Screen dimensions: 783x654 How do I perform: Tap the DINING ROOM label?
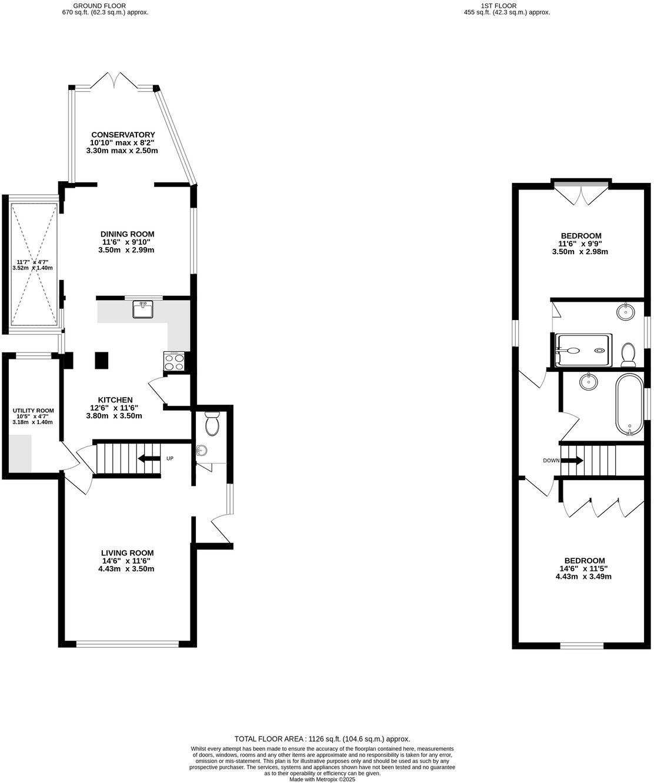click(126, 234)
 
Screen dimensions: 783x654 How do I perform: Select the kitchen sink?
click(142, 309)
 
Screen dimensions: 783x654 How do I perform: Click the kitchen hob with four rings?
click(175, 361)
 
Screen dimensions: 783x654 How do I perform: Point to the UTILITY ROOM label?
click(34, 411)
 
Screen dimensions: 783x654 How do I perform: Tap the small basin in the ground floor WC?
click(202, 451)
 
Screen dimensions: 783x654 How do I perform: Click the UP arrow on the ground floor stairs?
click(149, 458)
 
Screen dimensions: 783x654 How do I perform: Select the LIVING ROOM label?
click(127, 553)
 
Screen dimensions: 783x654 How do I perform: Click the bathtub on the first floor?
click(629, 404)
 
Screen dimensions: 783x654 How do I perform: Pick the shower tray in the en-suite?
click(584, 350)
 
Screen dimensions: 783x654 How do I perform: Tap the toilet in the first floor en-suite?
click(628, 354)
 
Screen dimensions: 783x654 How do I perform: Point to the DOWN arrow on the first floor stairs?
click(572, 460)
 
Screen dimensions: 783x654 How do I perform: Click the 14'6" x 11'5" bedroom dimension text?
click(584, 569)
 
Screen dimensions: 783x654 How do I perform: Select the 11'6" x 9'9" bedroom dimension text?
click(580, 244)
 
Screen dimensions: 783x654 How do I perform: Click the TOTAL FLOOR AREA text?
click(322, 739)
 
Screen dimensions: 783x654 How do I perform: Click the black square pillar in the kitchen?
click(102, 359)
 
